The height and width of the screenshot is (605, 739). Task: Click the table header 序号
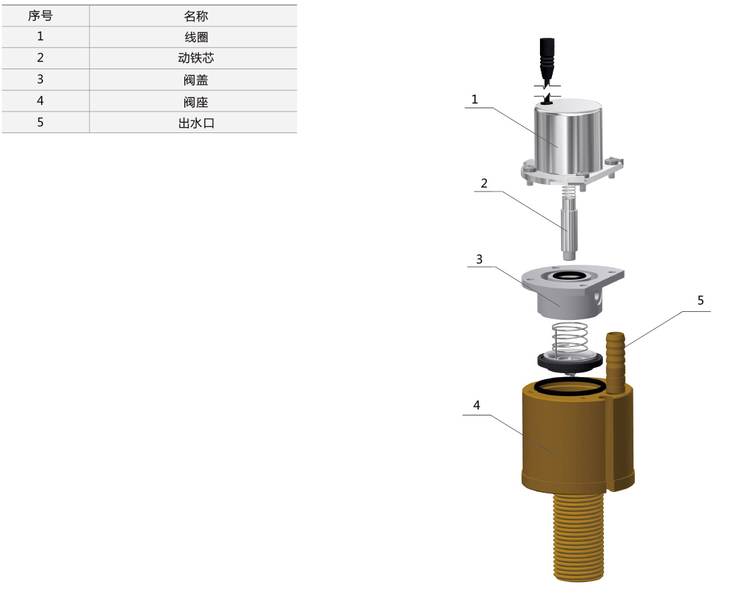[40, 16]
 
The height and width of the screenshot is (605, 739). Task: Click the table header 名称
[196, 16]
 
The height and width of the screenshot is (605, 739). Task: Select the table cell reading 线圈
[196, 37]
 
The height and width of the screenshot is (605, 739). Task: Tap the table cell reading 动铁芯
[196, 58]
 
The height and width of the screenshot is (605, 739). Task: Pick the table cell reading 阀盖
[196, 79]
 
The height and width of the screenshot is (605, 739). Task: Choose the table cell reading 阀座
[196, 102]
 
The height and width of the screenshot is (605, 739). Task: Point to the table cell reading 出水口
[196, 123]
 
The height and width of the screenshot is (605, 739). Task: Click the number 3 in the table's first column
[40, 79]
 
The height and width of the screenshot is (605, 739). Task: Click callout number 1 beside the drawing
[475, 99]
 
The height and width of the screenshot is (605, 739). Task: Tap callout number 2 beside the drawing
[484, 184]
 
